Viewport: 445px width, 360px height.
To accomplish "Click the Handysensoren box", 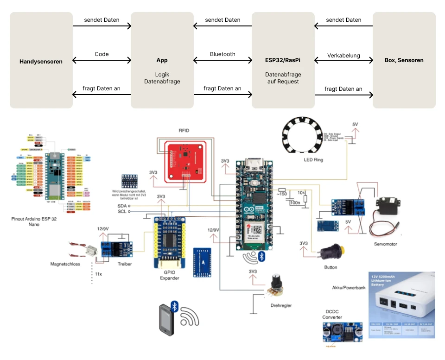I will tap(41, 60).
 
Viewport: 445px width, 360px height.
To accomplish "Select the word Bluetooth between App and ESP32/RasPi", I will tap(222, 54).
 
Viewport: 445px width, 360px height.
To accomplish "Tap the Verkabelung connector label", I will tap(343, 56).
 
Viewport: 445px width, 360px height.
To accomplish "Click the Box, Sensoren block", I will tap(404, 60).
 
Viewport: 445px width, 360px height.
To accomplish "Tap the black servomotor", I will tap(388, 209).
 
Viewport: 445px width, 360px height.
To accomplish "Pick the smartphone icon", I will tap(166, 319).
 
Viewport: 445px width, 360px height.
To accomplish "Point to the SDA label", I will tap(122, 205).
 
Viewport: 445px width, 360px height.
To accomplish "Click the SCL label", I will tap(122, 211).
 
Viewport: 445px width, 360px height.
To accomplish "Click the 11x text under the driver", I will tap(98, 274).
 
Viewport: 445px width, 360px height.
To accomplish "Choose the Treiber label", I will tap(124, 264).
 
